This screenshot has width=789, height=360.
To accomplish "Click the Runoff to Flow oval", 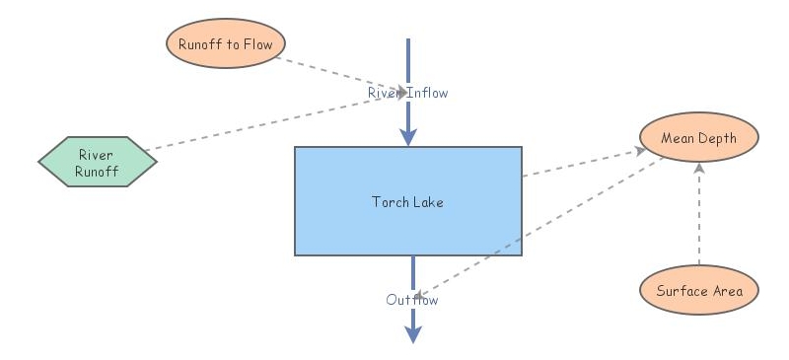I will [226, 43].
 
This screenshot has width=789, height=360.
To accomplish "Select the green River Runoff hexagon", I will [98, 161].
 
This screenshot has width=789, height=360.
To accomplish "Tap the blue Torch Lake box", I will [407, 201].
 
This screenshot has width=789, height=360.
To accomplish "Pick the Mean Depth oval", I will [699, 138].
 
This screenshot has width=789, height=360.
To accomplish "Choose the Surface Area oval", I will [699, 291].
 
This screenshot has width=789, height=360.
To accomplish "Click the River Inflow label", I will [407, 93].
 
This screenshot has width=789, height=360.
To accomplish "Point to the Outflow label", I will [412, 300].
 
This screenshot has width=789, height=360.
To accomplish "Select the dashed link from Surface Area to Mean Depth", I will [699, 217].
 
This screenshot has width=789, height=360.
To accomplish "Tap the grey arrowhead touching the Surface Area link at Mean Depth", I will [699, 169].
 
